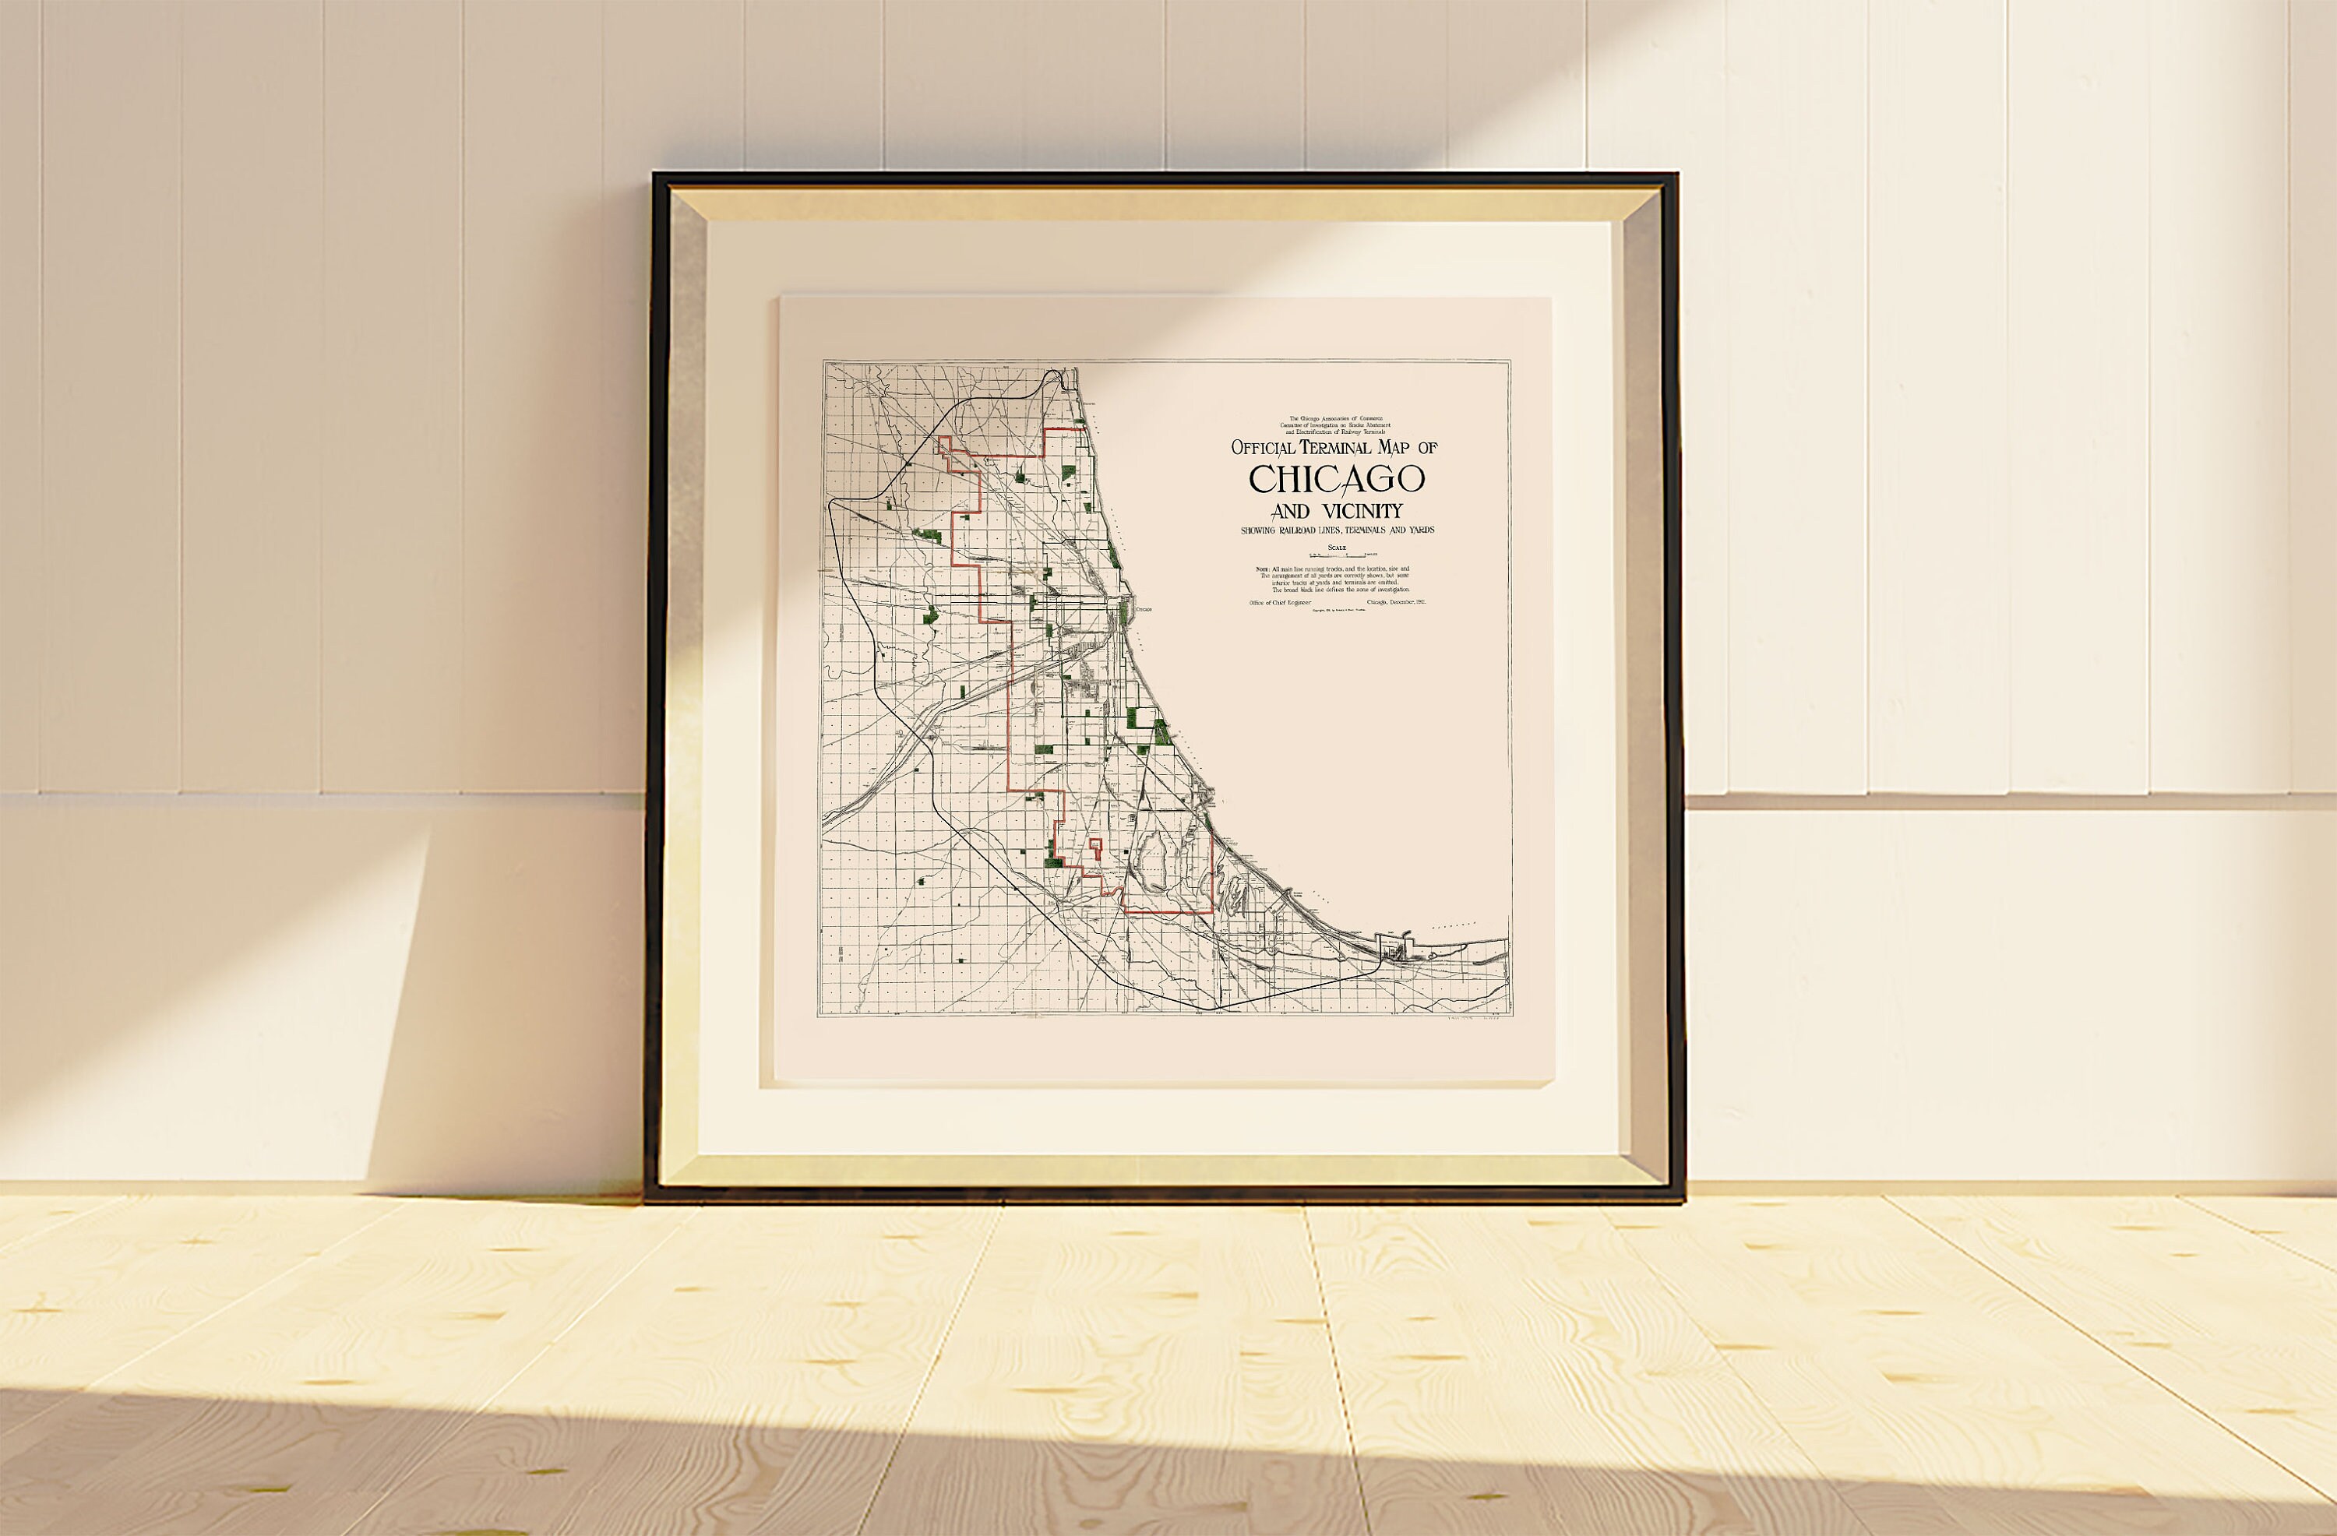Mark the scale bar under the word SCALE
pyautogui.click(x=1338, y=556)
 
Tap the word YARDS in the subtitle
pyautogui.click(x=1417, y=530)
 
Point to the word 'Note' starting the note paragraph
pyautogui.click(x=1262, y=569)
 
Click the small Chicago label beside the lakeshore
pyautogui.click(x=1143, y=610)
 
